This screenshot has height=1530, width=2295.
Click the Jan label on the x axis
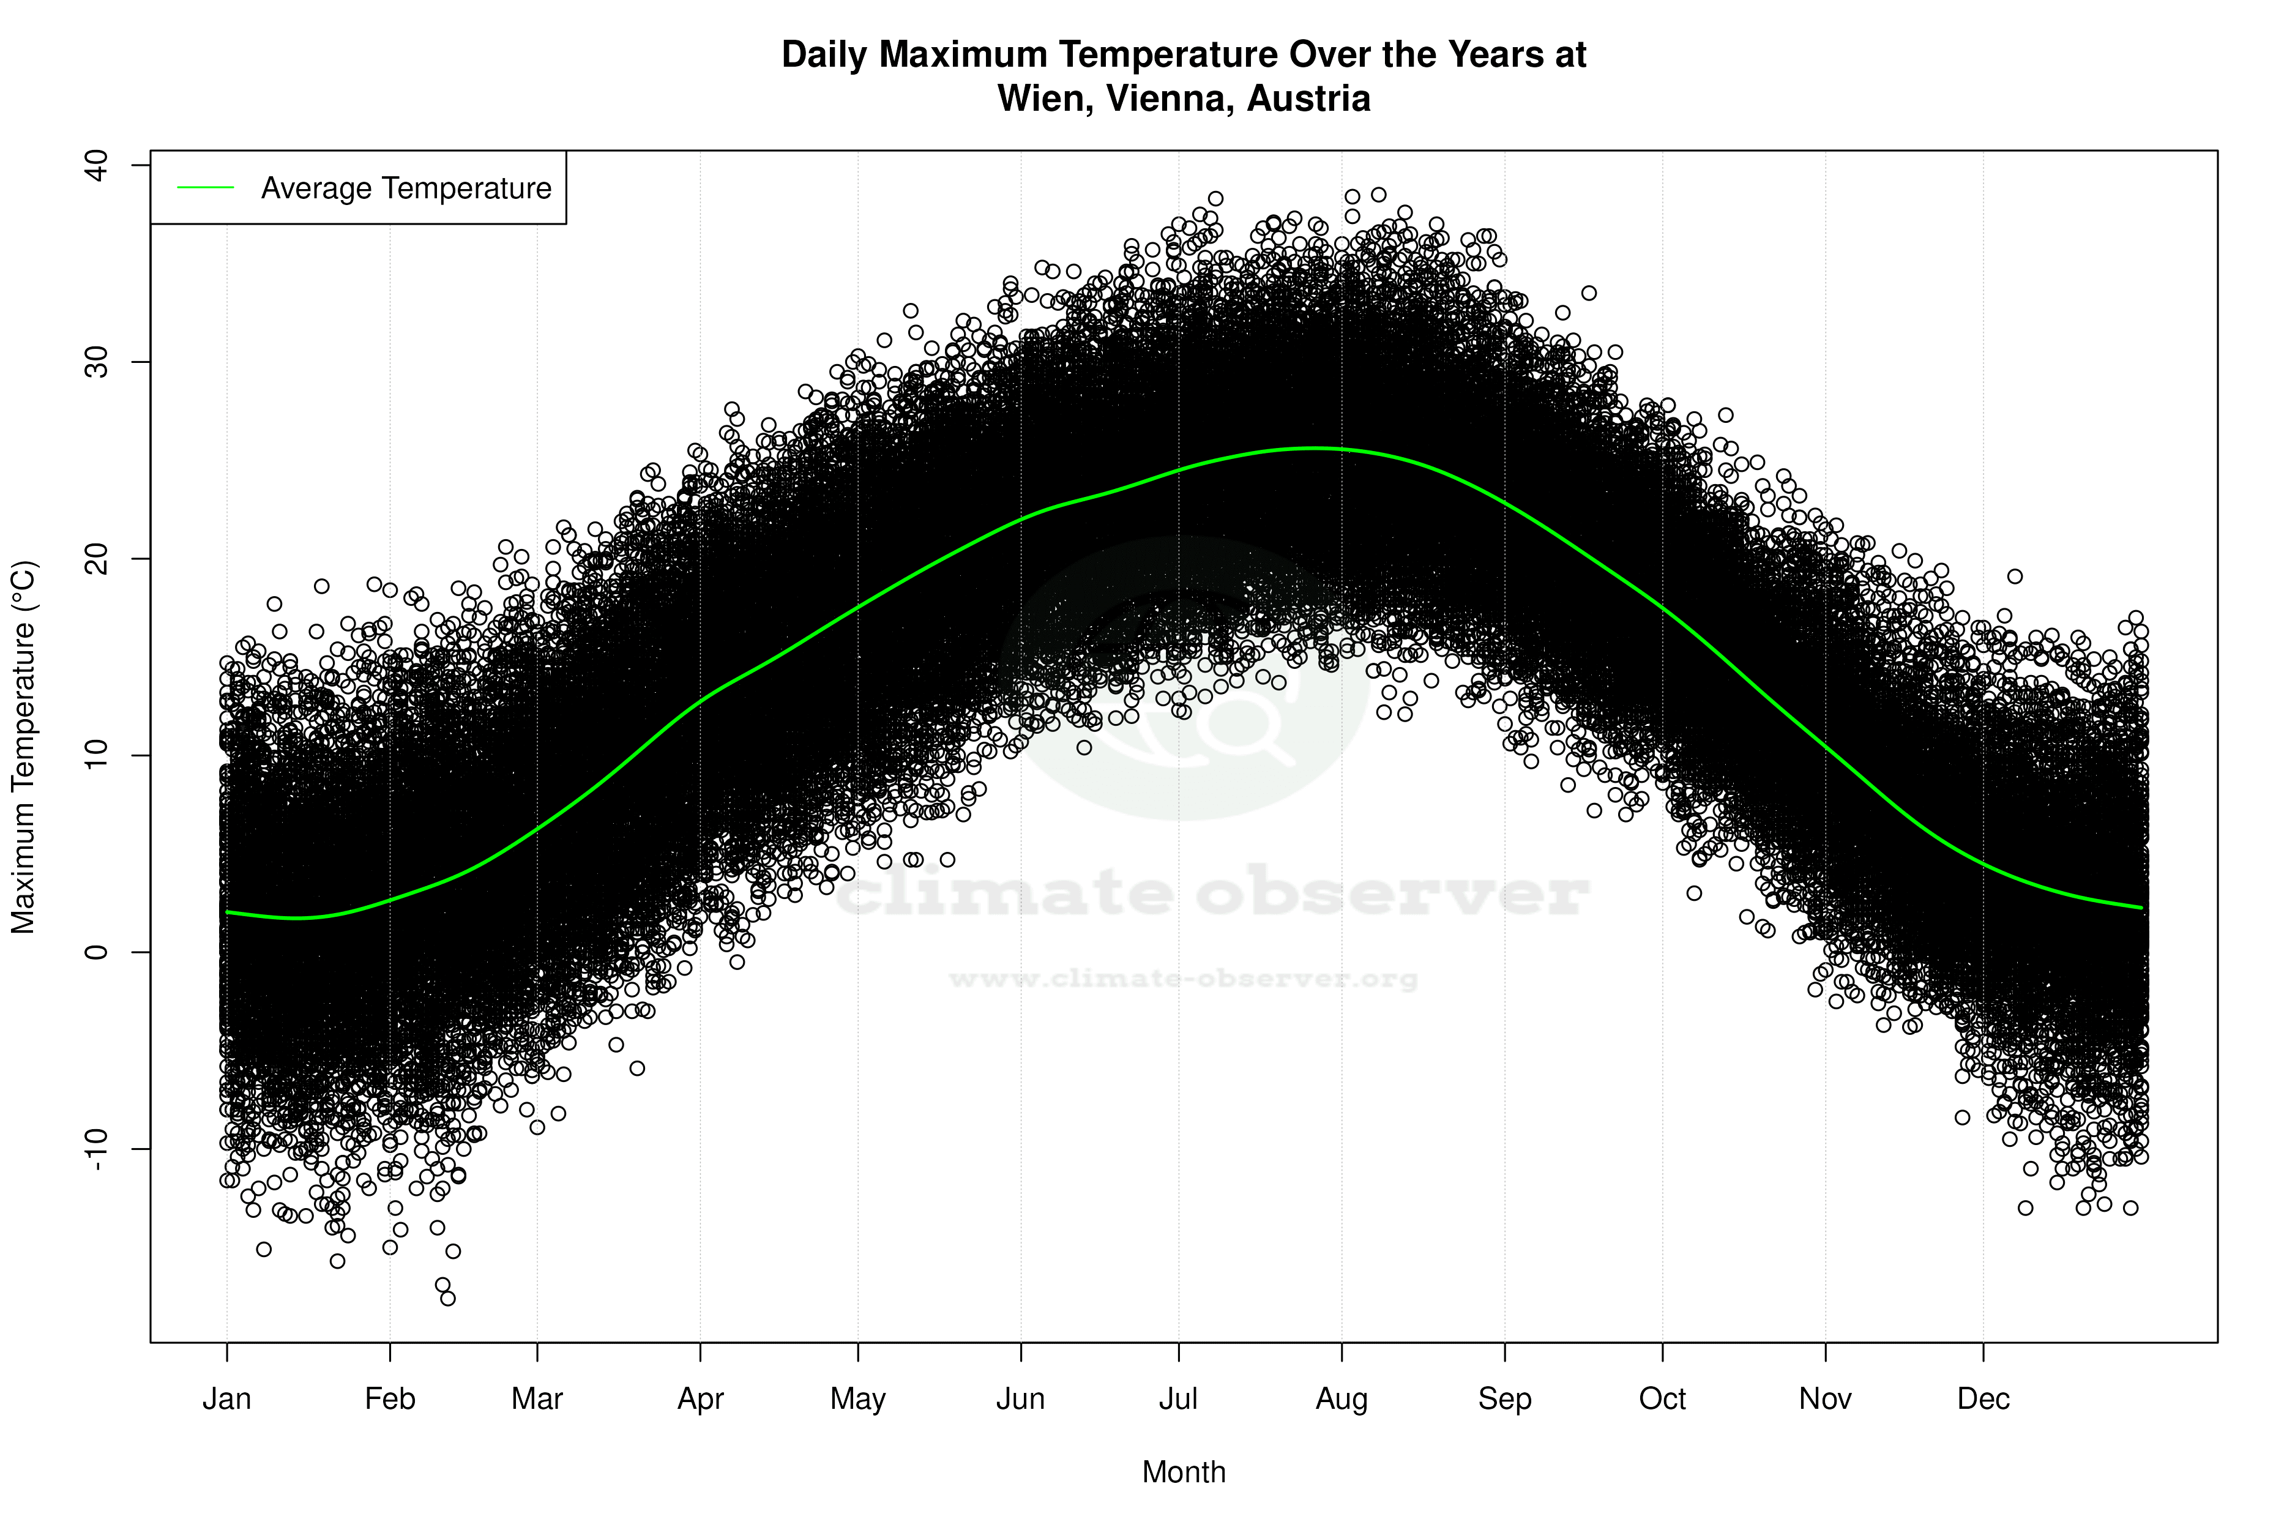pos(226,1399)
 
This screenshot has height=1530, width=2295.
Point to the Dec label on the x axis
pos(1983,1399)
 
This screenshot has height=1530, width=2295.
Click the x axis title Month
pos(1184,1472)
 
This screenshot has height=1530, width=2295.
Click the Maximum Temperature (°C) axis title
pos(23,747)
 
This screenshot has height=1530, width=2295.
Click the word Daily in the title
pos(824,54)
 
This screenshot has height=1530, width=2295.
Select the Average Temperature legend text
pos(406,188)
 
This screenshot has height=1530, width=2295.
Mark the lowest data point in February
pos(448,1299)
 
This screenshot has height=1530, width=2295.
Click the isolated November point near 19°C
pos(2015,577)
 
